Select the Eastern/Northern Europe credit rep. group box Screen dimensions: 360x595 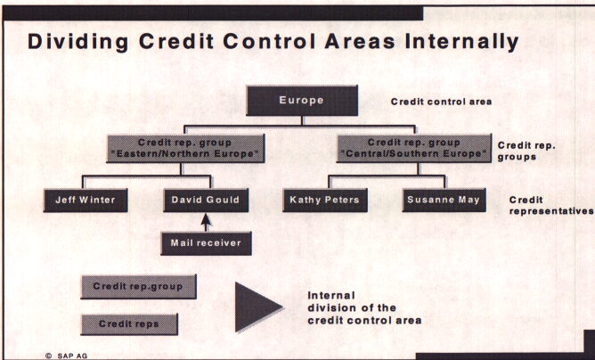coord(186,149)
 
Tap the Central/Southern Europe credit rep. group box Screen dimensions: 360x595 coord(414,148)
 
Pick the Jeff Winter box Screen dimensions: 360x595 coord(85,200)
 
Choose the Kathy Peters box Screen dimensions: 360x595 coord(324,200)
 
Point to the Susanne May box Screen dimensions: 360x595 coord(444,200)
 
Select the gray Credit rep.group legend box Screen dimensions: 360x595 coord(138,287)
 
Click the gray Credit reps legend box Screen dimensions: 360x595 coord(128,323)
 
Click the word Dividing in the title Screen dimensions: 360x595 coord(72,41)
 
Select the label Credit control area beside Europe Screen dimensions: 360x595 coord(441,102)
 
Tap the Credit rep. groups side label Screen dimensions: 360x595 coord(527,150)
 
